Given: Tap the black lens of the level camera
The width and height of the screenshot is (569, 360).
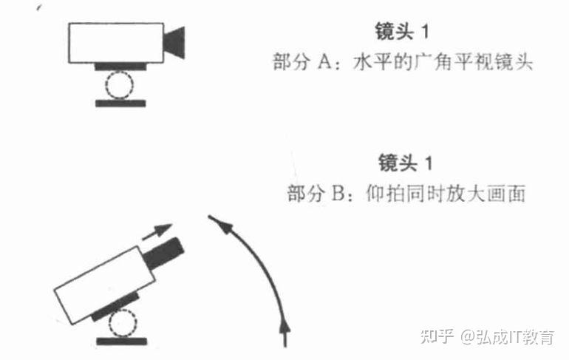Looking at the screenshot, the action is pyautogui.click(x=174, y=41).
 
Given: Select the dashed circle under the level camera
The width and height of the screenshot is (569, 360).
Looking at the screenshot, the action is pyautogui.click(x=117, y=85).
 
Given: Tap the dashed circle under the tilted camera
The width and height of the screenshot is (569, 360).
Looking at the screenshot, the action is pyautogui.click(x=120, y=323).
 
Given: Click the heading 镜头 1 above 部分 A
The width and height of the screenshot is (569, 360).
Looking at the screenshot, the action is pyautogui.click(x=403, y=33).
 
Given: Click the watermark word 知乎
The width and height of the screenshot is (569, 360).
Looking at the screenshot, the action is pyautogui.click(x=436, y=337).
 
